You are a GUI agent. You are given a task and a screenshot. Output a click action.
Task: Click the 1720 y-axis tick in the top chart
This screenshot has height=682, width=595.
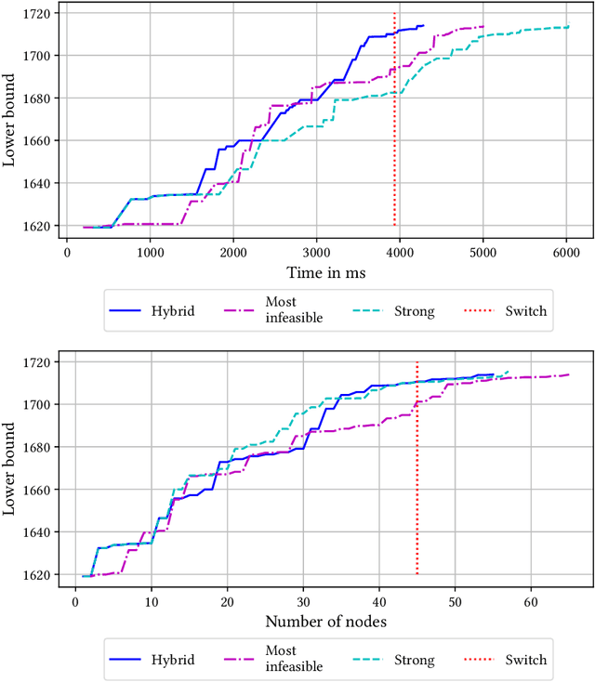[40, 13]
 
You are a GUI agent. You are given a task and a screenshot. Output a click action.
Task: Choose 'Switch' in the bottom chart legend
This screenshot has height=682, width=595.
[525, 661]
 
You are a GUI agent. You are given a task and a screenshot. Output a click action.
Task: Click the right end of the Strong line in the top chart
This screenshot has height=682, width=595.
[568, 27]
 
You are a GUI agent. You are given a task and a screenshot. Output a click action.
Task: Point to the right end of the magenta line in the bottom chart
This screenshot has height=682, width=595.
[568, 374]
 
